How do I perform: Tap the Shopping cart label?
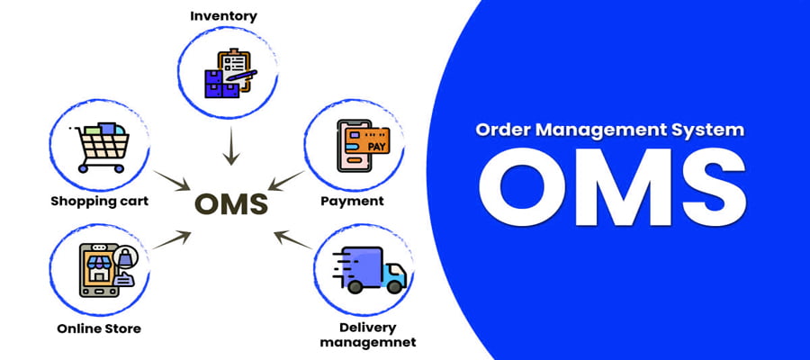point(99,200)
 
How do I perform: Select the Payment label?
point(352,200)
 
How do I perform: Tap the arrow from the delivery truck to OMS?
point(291,240)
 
